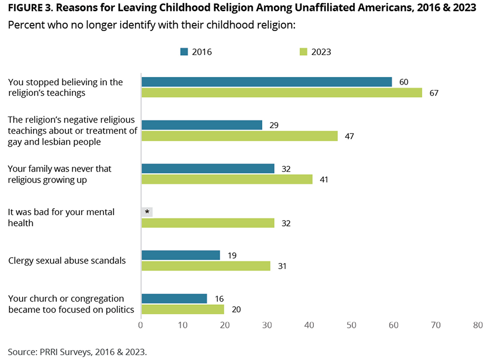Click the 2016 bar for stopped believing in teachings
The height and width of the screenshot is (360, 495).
click(267, 82)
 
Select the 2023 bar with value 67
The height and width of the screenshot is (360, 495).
click(282, 93)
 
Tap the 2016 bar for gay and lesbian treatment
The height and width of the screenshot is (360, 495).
click(202, 125)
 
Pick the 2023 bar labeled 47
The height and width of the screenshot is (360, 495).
click(240, 136)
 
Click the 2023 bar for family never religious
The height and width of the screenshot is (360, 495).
click(227, 180)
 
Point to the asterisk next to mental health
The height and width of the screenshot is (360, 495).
click(147, 212)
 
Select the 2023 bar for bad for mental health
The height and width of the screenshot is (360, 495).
click(208, 223)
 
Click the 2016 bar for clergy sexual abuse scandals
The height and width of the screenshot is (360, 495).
click(181, 255)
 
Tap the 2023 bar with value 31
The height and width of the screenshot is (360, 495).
click(206, 266)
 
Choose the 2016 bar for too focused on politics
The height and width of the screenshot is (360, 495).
click(174, 299)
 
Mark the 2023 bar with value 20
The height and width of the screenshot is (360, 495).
click(183, 310)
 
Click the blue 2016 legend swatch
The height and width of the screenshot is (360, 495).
click(184, 51)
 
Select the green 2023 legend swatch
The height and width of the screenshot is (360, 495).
click(303, 51)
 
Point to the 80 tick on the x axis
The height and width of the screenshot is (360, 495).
click(478, 325)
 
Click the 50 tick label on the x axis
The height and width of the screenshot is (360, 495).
click(351, 325)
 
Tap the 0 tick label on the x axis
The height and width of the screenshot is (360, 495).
click(141, 325)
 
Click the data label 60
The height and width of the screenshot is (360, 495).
click(403, 82)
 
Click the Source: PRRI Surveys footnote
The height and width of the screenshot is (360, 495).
click(77, 352)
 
